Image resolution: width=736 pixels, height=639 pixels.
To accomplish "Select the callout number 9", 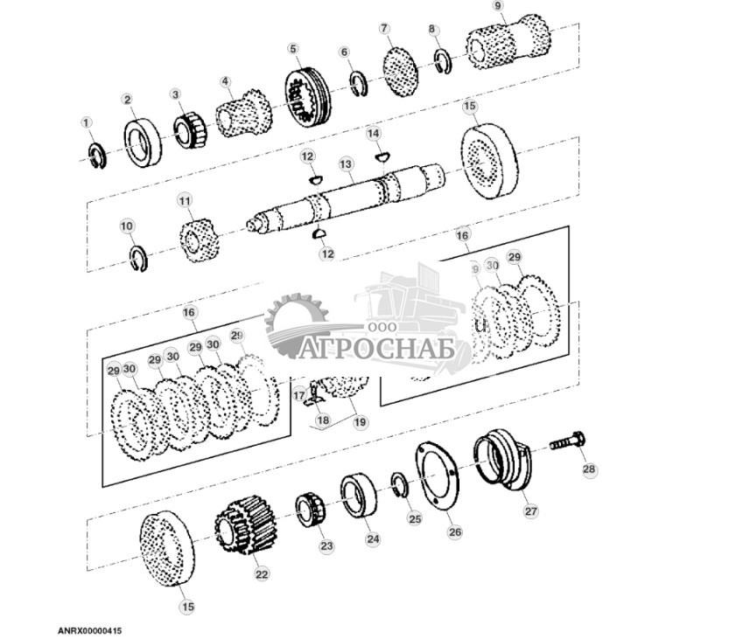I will coord(498,6).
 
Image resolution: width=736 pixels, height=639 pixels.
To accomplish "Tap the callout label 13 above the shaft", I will coord(346,163).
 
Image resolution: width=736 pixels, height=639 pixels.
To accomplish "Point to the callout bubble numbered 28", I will coord(589,469).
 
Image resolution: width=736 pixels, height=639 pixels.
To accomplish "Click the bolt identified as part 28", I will coord(566,443).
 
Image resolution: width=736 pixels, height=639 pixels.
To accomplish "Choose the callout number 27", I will coord(531,511).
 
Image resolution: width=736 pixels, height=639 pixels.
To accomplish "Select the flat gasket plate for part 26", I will coord(431,476).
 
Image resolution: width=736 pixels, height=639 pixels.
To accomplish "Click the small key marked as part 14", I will coord(380,156).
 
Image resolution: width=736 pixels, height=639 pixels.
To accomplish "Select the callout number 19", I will coord(360,420).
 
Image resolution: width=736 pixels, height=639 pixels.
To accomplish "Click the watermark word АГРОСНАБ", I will coord(385,350).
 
